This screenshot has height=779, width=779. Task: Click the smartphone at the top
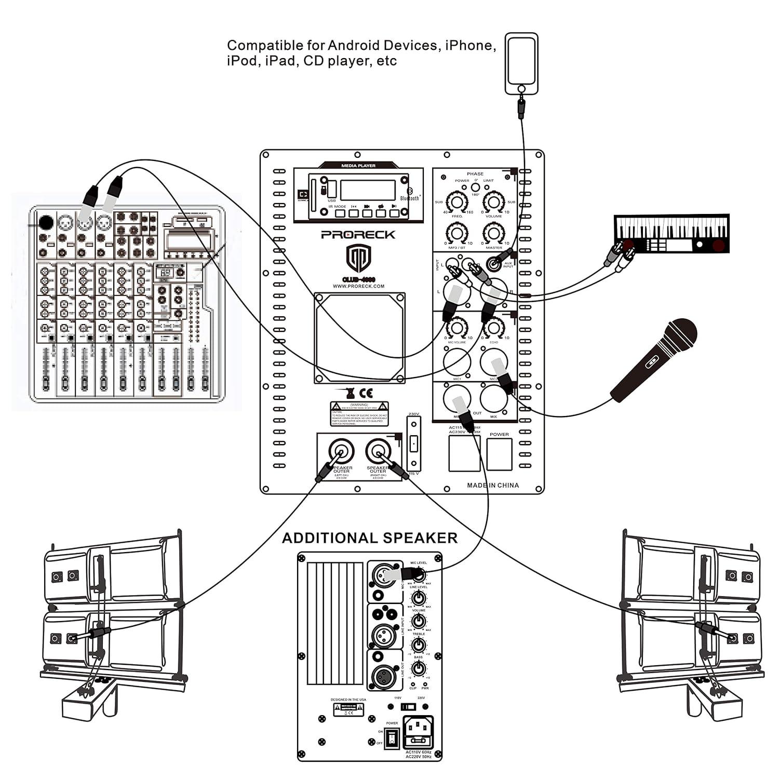click(521, 63)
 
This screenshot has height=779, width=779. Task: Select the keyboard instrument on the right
click(671, 234)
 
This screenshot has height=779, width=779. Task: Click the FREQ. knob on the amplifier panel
click(456, 202)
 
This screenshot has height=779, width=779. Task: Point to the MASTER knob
click(494, 233)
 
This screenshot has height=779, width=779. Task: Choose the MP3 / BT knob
click(456, 233)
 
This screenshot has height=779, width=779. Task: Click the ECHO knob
click(494, 328)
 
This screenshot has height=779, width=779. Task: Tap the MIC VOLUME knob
click(456, 328)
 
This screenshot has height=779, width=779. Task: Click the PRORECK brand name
click(358, 235)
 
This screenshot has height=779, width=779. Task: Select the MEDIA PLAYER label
click(358, 166)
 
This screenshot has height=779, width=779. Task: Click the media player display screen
click(368, 190)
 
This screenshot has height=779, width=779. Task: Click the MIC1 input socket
click(457, 361)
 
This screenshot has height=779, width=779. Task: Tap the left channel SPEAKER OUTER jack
click(342, 451)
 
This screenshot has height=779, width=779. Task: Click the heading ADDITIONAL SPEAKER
click(370, 538)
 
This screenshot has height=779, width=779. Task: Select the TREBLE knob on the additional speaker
click(418, 645)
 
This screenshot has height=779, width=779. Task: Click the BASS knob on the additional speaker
click(418, 668)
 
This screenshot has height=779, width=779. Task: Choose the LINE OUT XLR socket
click(385, 676)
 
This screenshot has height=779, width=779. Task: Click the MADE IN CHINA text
click(492, 485)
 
